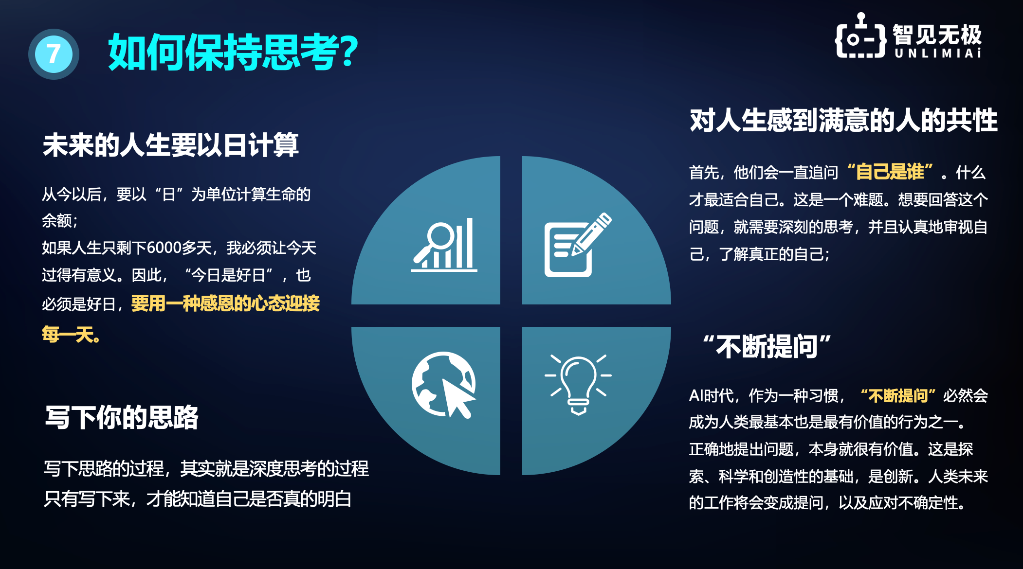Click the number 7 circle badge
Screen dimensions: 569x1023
(x=54, y=54)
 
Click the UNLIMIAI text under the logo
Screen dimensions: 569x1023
(x=938, y=53)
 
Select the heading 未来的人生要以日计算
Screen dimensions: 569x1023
(x=170, y=145)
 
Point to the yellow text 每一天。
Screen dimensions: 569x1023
(x=71, y=335)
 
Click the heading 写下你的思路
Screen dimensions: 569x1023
(x=122, y=417)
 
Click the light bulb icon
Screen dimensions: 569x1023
(x=578, y=384)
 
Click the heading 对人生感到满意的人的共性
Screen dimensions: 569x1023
(x=843, y=120)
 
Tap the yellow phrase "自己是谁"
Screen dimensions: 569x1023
(x=890, y=172)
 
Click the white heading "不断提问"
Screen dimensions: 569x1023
(x=767, y=346)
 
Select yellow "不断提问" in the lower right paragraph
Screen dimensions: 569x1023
(x=898, y=395)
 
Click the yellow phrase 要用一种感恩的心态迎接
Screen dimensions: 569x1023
(x=225, y=303)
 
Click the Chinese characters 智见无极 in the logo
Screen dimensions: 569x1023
(x=937, y=35)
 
